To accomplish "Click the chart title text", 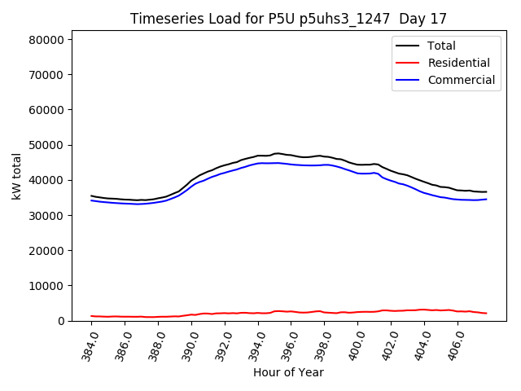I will [x=288, y=19].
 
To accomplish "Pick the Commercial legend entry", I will [x=461, y=80].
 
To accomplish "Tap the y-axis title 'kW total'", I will [x=17, y=176].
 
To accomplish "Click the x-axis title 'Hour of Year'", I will [x=288, y=372].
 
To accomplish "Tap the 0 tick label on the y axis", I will [x=61, y=321].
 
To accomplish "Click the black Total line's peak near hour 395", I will [x=278, y=153].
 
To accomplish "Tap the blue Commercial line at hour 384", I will [x=92, y=200].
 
